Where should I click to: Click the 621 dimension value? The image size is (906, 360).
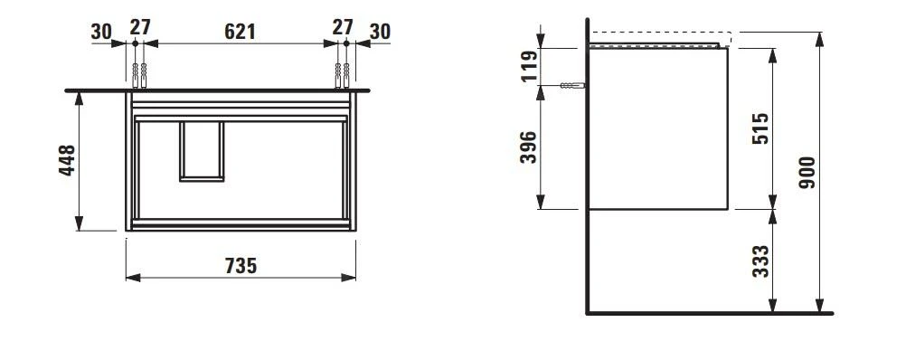(x=239, y=31)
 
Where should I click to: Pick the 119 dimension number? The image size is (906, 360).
(x=529, y=66)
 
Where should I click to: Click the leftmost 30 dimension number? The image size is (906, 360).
(x=101, y=31)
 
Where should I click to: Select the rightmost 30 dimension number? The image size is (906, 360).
(x=380, y=31)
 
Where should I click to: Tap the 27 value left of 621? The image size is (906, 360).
(x=138, y=27)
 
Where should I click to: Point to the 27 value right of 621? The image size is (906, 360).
(x=342, y=27)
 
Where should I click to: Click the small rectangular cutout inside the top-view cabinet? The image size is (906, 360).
(x=201, y=150)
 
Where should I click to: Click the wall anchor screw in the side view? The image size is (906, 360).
(x=572, y=86)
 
